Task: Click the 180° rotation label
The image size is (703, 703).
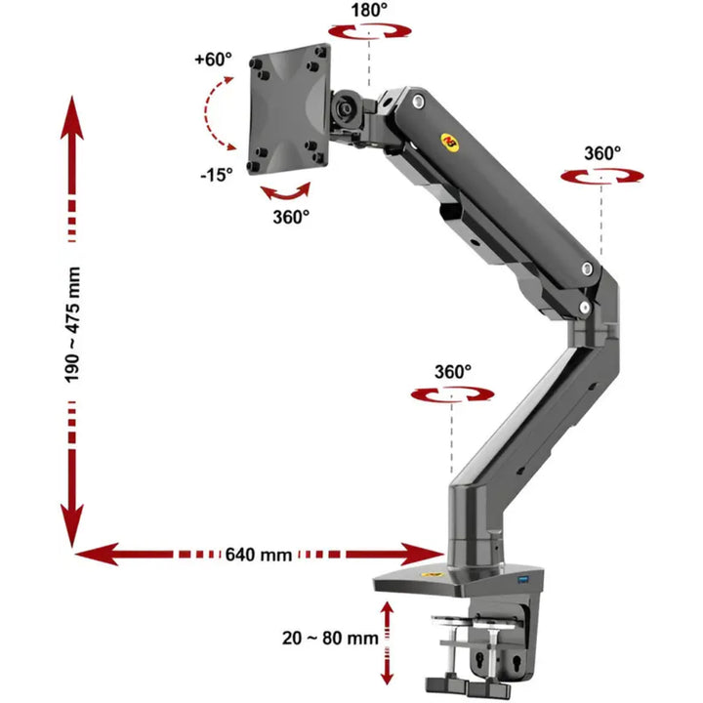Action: (369, 10)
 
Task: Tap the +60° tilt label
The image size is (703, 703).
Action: (214, 59)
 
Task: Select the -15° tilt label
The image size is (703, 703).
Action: (217, 175)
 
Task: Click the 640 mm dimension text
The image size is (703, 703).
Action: (258, 555)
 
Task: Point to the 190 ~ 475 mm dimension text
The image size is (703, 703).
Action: (72, 325)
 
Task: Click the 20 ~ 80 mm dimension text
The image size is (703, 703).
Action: (330, 638)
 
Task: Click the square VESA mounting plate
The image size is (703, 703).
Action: (289, 109)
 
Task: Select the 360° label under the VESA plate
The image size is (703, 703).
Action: (291, 217)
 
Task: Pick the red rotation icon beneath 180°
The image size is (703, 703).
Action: (369, 31)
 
